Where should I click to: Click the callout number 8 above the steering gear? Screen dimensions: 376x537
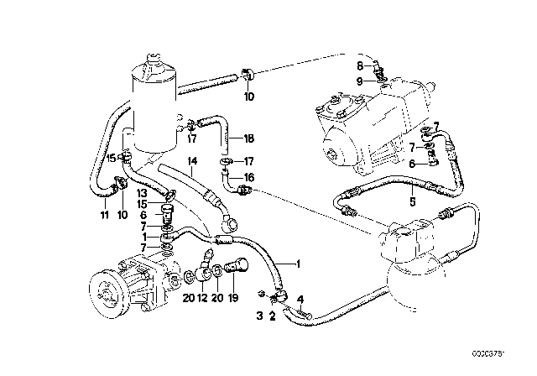[361, 65]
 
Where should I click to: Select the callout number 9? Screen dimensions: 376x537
[361, 81]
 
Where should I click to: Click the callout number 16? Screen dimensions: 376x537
[249, 179]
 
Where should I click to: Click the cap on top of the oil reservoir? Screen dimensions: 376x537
[154, 59]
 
